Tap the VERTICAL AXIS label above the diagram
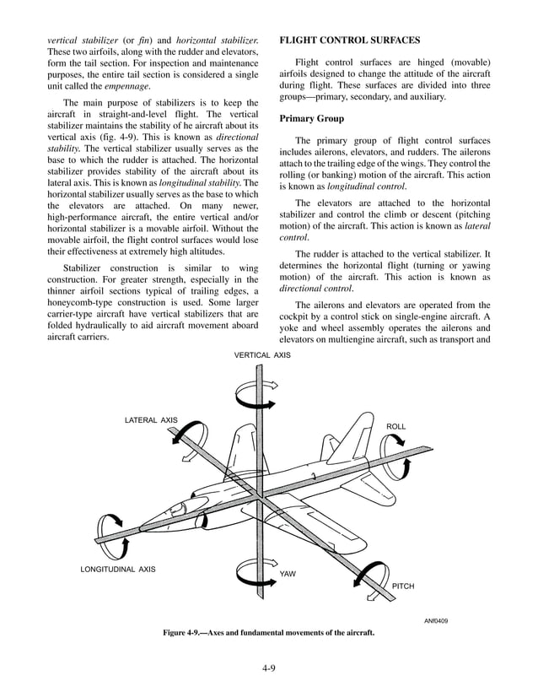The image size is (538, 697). pyautogui.click(x=262, y=355)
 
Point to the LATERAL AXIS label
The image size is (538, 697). pyautogui.click(x=151, y=419)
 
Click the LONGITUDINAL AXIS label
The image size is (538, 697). pyautogui.click(x=118, y=569)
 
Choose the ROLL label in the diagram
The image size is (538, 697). pyautogui.click(x=395, y=426)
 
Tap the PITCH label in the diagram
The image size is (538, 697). pyautogui.click(x=403, y=586)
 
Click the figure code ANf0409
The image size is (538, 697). pyautogui.click(x=435, y=622)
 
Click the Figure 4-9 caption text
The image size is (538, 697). pyautogui.click(x=269, y=633)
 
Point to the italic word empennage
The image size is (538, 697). pyautogui.click(x=126, y=86)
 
